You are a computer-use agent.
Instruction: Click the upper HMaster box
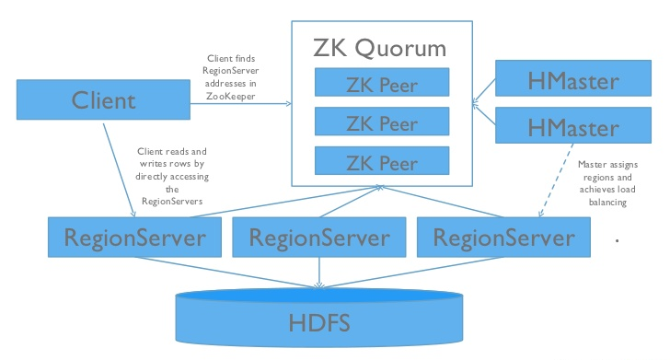[x=560, y=81]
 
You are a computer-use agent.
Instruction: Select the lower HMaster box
[x=560, y=123]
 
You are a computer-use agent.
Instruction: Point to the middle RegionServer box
[x=318, y=238]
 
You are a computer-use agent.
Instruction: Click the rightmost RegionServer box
[x=503, y=238]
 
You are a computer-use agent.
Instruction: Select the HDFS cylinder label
[x=318, y=322]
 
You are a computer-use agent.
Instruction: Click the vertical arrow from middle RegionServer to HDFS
[x=318, y=272]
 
